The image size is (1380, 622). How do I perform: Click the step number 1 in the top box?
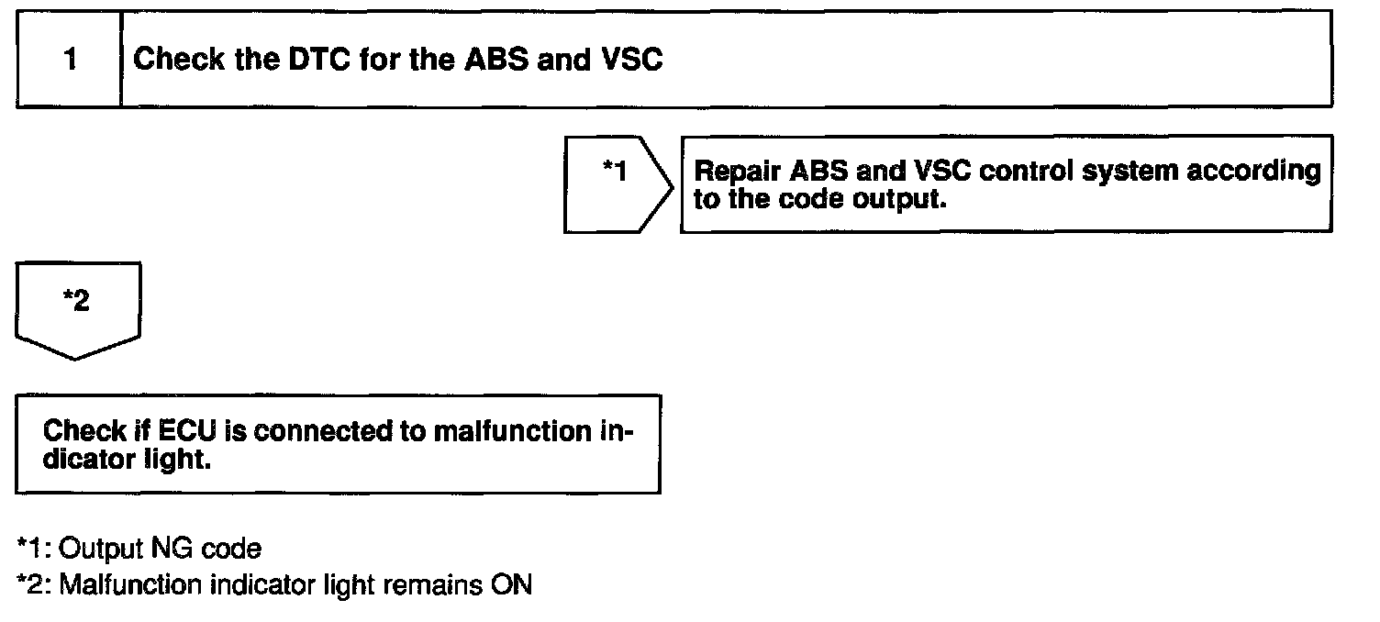(x=70, y=61)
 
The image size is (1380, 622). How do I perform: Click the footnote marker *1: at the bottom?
(x=34, y=550)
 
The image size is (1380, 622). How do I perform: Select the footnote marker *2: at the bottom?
(x=34, y=584)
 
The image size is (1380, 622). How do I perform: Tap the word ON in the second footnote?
(x=512, y=584)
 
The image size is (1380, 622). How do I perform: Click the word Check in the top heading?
(x=178, y=61)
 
